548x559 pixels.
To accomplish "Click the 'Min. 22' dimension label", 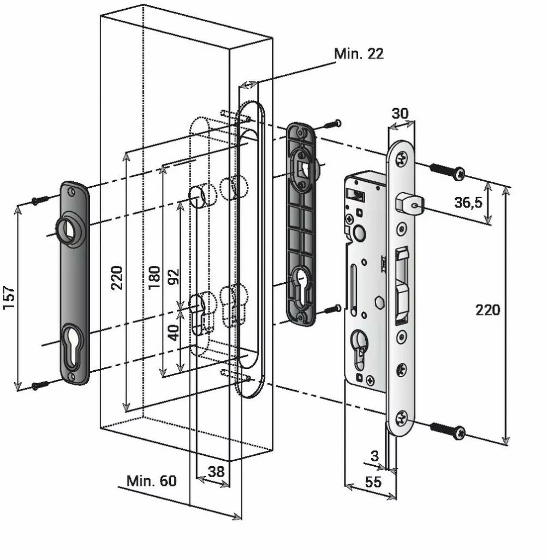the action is coord(359,54).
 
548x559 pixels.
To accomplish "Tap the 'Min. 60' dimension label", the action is coord(152,481).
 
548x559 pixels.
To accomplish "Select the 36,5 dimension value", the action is coord(468,203).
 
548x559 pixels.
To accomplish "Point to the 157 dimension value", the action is coord(9,298).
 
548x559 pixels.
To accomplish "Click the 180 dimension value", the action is coord(154,277).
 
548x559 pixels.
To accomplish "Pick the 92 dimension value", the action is coord(174,277).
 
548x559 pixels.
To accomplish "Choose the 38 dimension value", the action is coord(216,472).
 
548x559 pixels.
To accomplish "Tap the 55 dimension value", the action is coord(373,482).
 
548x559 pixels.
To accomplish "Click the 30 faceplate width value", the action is coord(400,114).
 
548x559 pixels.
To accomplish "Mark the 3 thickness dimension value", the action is coord(374,456).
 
